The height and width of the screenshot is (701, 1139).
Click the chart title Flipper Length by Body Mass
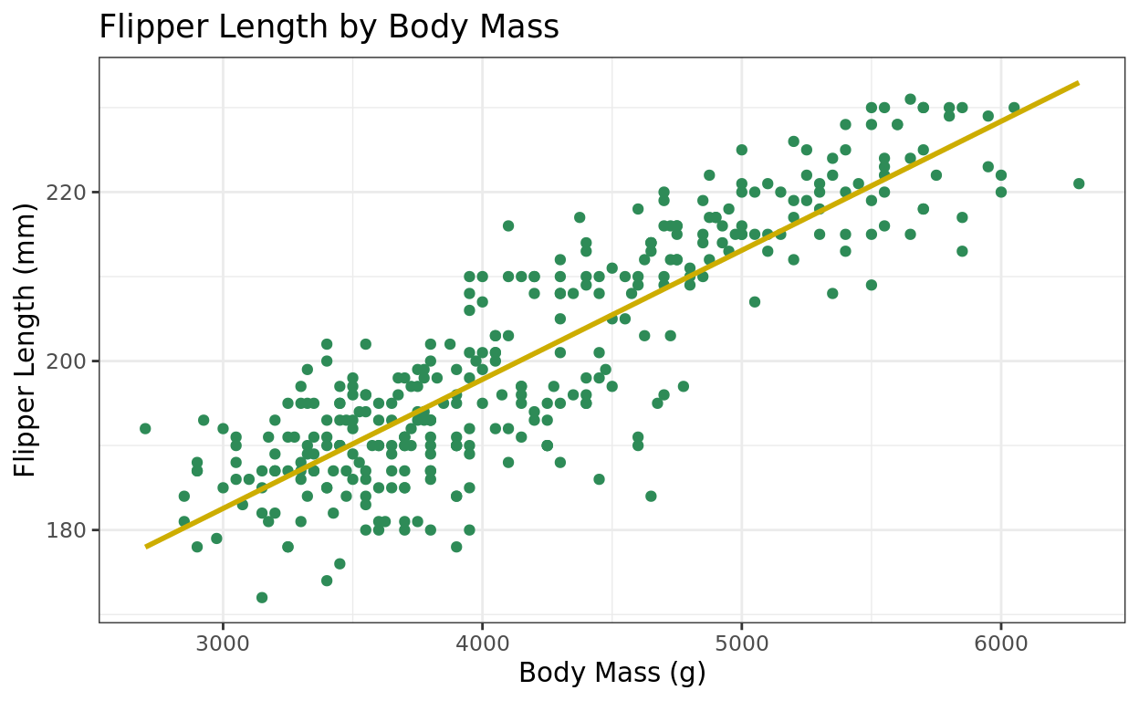click(x=329, y=27)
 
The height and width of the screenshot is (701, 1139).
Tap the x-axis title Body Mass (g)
click(x=611, y=673)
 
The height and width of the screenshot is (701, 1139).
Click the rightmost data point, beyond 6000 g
click(x=1079, y=183)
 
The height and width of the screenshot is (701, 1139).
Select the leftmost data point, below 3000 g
click(x=145, y=428)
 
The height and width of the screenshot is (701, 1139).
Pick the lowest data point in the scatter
click(x=262, y=598)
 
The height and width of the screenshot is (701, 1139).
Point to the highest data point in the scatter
click(x=910, y=99)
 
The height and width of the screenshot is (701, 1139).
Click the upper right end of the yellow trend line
click(x=1079, y=83)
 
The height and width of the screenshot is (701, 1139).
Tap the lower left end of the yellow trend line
click(x=146, y=547)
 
